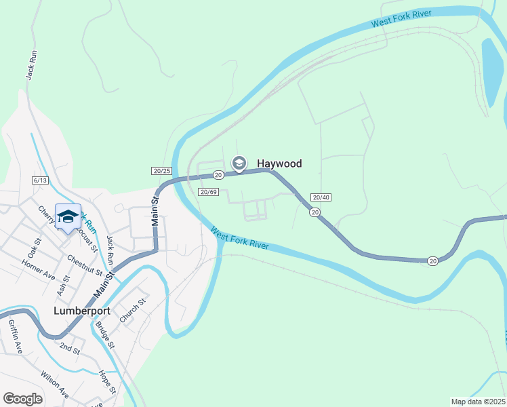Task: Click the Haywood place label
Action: [x=279, y=163]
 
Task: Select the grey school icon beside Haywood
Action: [x=239, y=163]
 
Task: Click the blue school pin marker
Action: [x=68, y=216]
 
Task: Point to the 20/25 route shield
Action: [x=161, y=171]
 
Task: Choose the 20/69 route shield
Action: [x=208, y=192]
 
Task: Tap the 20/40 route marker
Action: [x=321, y=197]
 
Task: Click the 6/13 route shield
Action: [x=40, y=180]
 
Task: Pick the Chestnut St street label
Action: [x=84, y=265]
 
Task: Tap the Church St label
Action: [x=133, y=308]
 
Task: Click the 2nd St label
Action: [x=69, y=349]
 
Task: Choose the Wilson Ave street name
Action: [x=54, y=384]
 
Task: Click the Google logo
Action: [x=23, y=399]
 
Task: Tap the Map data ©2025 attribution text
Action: [x=479, y=402]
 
